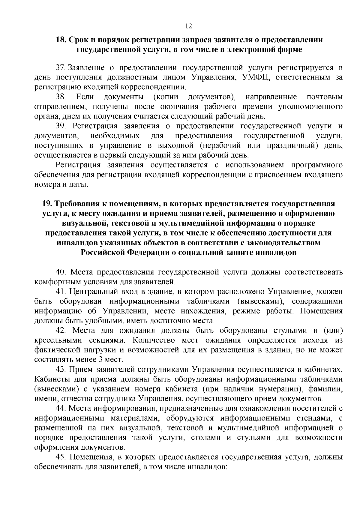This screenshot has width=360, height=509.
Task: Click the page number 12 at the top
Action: tap(188, 26)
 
